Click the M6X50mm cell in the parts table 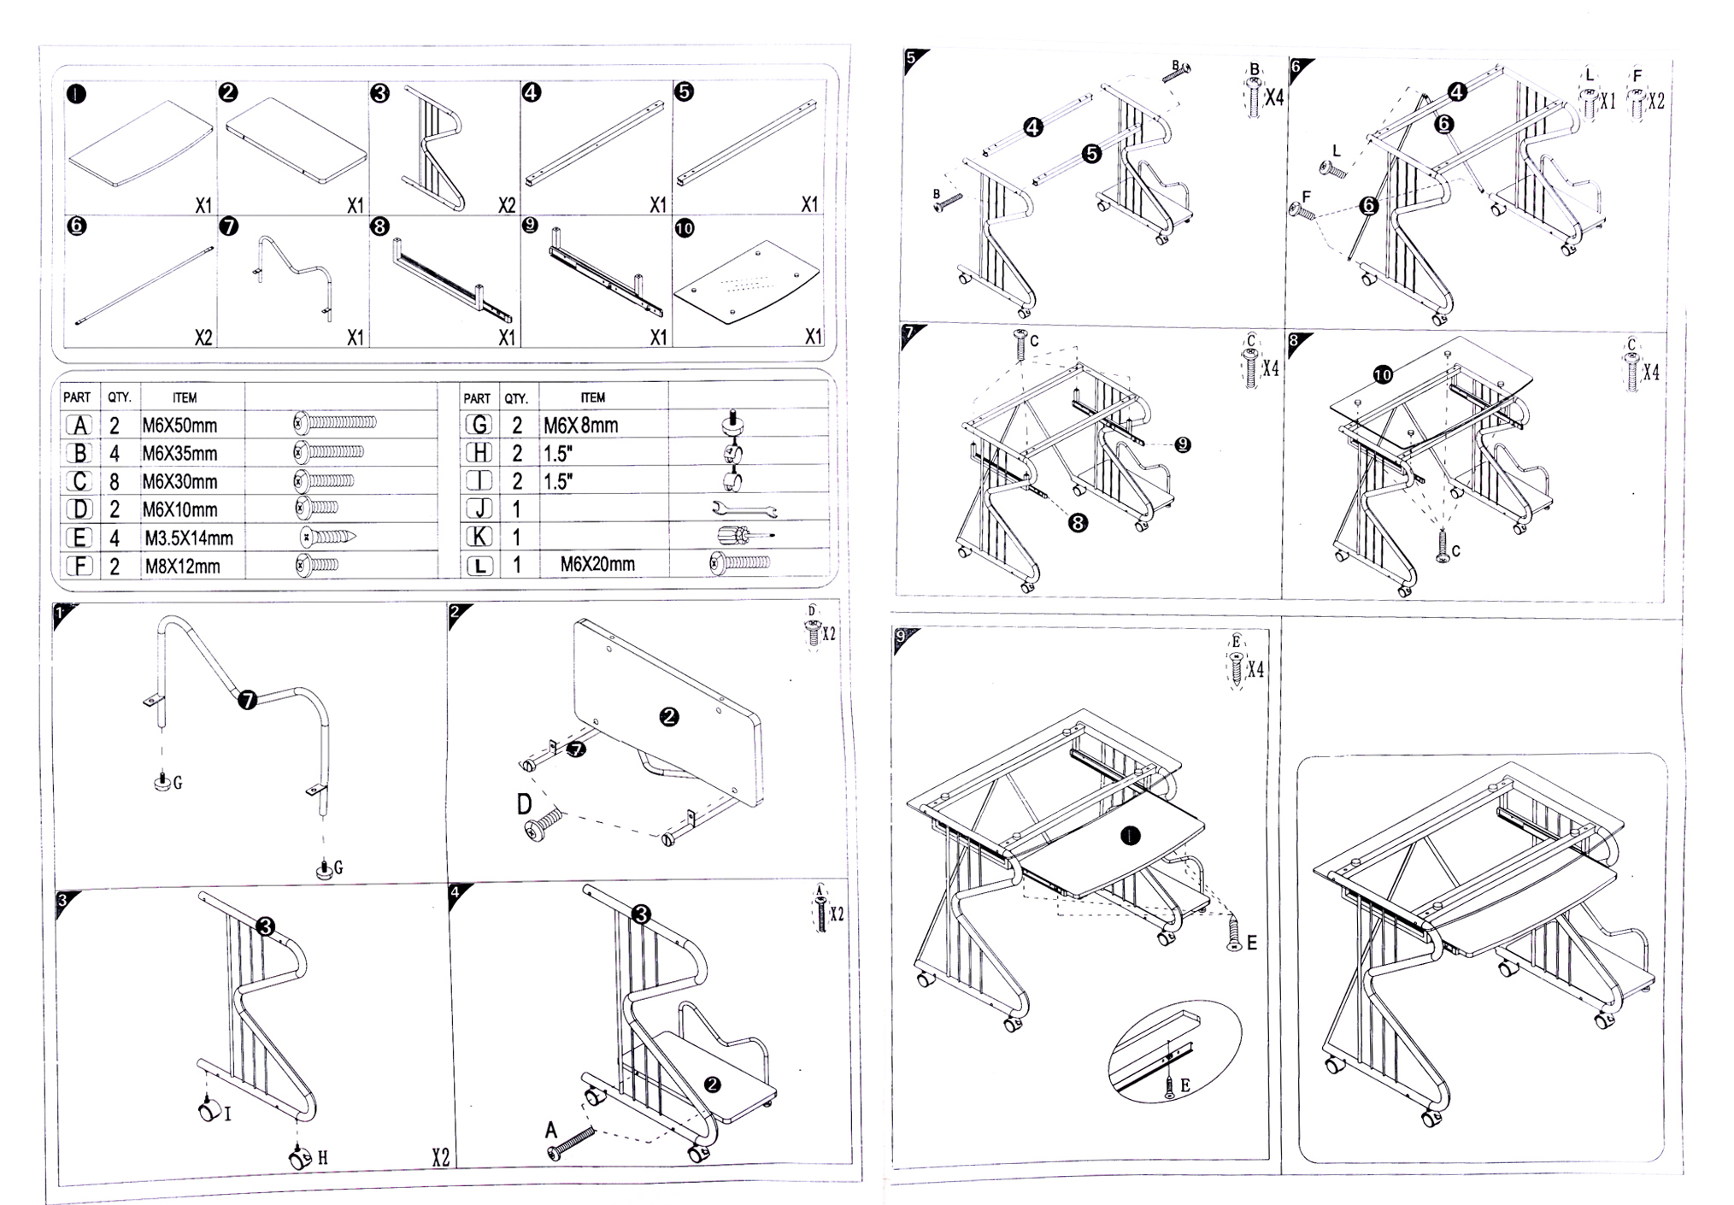coord(179,425)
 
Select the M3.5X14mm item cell coord(188,538)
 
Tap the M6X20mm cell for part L coord(597,564)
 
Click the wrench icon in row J coord(744,510)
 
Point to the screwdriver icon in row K coord(746,536)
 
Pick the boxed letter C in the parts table coord(79,481)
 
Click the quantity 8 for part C coord(115,482)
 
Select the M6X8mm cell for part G coord(580,425)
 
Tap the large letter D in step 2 coord(525,804)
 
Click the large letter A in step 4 coord(551,1130)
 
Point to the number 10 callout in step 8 coord(1382,374)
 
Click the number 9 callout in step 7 coord(1183,444)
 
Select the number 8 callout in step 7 coord(1078,522)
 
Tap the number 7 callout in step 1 coord(247,701)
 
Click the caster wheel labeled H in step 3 coord(299,1159)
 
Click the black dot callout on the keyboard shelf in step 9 coord(1130,837)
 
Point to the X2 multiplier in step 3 coord(439,1157)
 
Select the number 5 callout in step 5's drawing coord(1091,154)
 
